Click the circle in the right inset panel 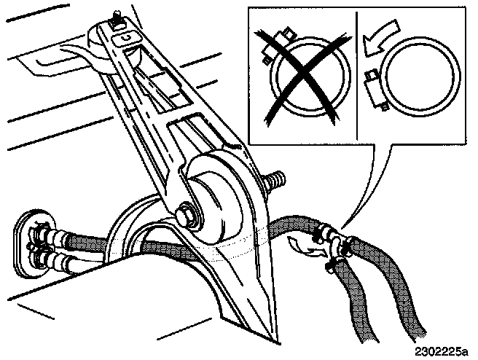point(419,76)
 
